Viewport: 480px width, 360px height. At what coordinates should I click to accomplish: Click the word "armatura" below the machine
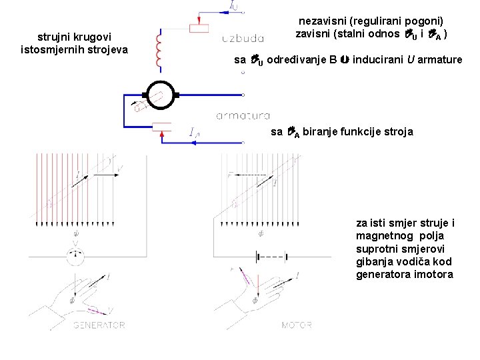pos(243,116)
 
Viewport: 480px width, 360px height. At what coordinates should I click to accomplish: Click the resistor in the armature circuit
pos(163,127)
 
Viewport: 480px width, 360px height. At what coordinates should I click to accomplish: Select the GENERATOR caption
pos(99,325)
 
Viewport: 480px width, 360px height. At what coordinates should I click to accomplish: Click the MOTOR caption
pos(297,325)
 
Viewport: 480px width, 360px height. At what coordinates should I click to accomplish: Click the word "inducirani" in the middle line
pos(376,60)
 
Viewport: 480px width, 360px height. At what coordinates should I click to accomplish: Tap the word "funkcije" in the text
pos(350,131)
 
